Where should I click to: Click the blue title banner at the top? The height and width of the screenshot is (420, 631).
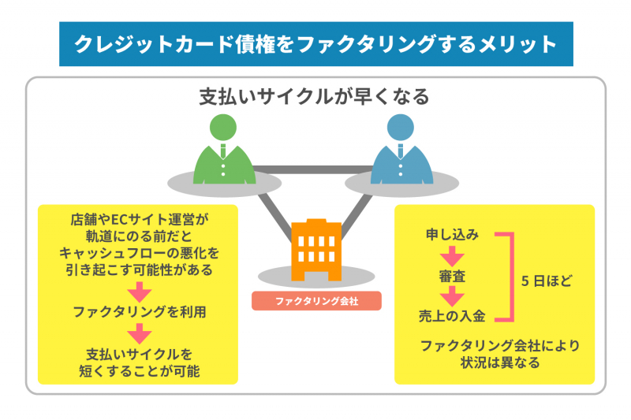(315, 43)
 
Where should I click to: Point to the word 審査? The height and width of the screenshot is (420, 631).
(453, 277)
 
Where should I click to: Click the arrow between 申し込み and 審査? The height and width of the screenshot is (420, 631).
(453, 255)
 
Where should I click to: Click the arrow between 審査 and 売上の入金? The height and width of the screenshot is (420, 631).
(453, 296)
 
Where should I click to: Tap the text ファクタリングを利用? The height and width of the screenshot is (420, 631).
(140, 312)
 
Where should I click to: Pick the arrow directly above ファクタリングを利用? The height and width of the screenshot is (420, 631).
(139, 292)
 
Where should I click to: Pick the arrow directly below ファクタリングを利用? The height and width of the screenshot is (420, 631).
(139, 333)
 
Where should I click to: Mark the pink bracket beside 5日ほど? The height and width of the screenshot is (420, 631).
(509, 277)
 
